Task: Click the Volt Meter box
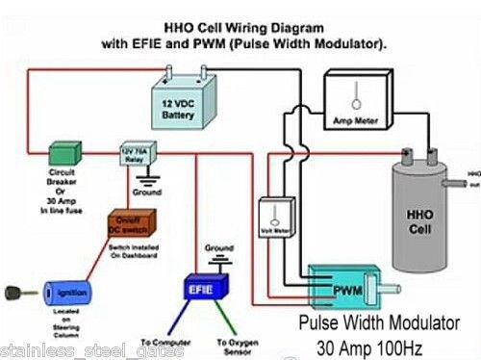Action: point(277,218)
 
